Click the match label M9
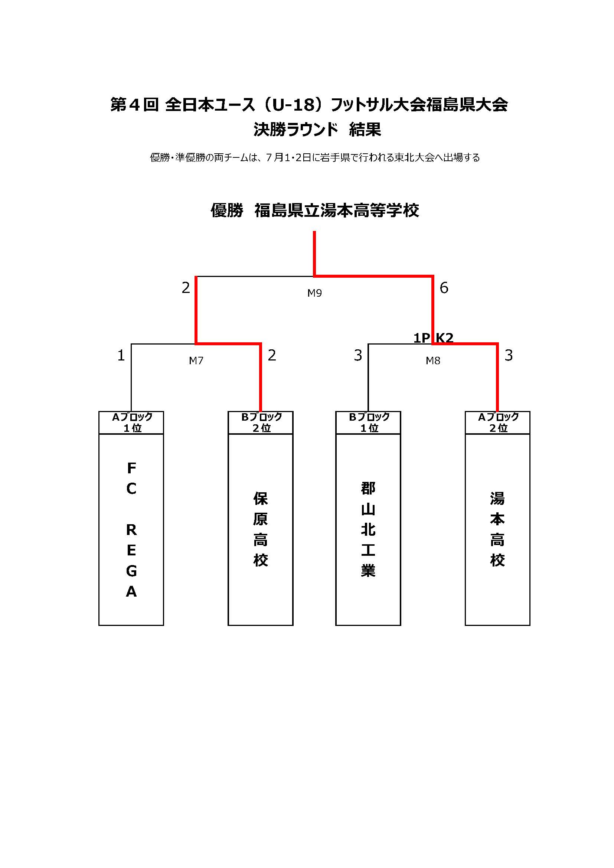click(x=314, y=293)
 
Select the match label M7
click(x=196, y=360)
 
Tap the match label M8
click(x=433, y=360)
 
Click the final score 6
click(x=444, y=288)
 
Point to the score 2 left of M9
click(x=186, y=288)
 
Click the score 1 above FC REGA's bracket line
click(x=121, y=355)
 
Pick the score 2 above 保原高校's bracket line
click(x=272, y=355)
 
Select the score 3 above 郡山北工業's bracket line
click(x=358, y=355)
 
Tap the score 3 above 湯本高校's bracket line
click(x=509, y=355)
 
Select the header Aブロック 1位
click(x=131, y=422)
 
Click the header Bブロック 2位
click(x=261, y=422)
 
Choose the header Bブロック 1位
click(x=369, y=422)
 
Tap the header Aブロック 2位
click(x=498, y=422)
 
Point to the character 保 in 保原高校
click(x=261, y=499)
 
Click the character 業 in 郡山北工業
click(x=368, y=571)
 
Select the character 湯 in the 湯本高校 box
click(x=497, y=499)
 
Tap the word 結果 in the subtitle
click(x=365, y=129)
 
